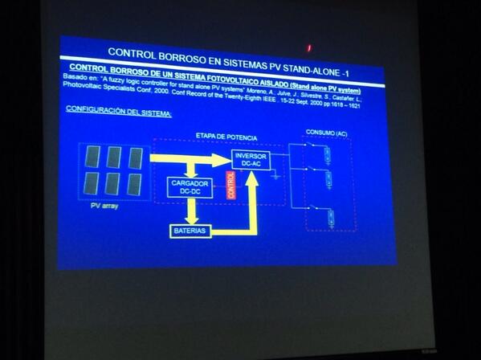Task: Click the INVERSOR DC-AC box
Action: point(251,161)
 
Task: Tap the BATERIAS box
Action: point(190,231)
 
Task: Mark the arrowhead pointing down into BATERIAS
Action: point(190,218)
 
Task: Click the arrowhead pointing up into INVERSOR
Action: point(251,178)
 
